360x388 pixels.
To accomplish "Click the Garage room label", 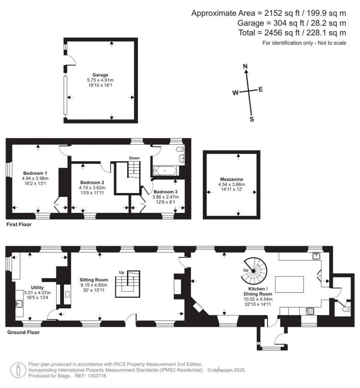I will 100,75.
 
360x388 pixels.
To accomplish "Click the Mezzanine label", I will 231,179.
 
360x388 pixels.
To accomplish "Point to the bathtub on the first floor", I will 165,172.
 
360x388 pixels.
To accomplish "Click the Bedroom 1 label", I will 35,173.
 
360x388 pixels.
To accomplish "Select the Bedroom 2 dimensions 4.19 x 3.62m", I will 92,188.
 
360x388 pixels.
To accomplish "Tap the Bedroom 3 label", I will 165,192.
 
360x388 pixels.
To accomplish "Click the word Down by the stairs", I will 134,158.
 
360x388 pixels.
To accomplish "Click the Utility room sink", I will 19,304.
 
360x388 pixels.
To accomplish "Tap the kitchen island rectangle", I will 289,284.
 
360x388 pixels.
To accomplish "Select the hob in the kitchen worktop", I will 311,311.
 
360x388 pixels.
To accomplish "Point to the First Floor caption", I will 19,224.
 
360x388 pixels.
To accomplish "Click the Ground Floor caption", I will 24,332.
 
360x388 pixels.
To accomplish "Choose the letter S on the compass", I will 251,119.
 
